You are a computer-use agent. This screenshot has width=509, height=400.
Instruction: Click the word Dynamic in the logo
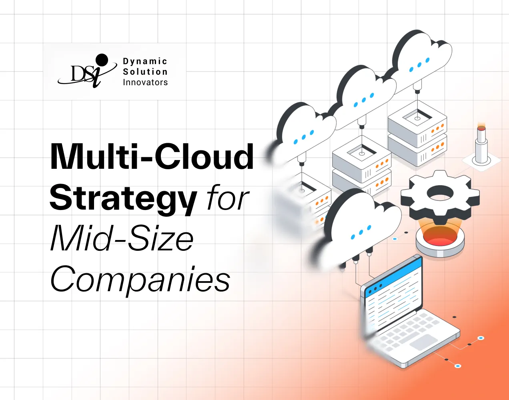(x=145, y=62)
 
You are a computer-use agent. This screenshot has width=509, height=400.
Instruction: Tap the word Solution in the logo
(x=145, y=72)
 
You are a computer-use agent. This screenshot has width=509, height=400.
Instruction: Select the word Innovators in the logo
(x=145, y=82)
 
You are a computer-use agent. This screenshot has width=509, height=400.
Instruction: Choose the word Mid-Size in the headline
(x=122, y=239)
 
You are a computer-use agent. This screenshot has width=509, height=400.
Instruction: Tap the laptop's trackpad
(x=424, y=342)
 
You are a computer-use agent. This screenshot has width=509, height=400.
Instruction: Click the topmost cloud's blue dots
(x=419, y=65)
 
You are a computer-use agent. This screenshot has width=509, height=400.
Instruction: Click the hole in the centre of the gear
(x=440, y=193)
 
